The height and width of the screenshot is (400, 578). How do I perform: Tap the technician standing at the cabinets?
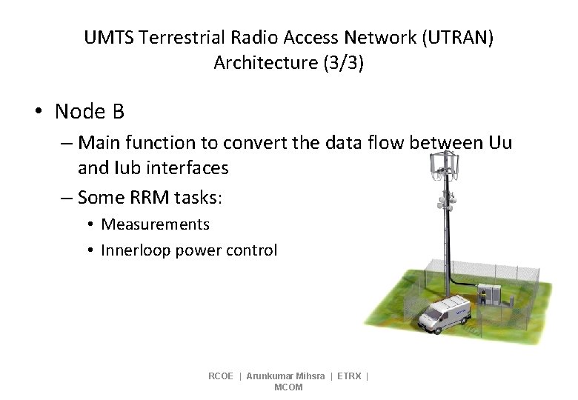coord(483,296)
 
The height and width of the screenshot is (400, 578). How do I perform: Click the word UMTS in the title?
coord(109,37)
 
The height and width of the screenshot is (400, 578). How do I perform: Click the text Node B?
coord(89,112)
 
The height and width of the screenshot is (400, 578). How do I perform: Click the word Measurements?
coord(156,224)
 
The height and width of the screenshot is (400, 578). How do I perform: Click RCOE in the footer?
coord(221,376)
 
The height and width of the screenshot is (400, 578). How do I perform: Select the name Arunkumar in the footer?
coord(268,376)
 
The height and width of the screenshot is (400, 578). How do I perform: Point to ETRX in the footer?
coord(349,376)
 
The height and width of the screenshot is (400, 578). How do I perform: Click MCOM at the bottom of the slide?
coord(288,387)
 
